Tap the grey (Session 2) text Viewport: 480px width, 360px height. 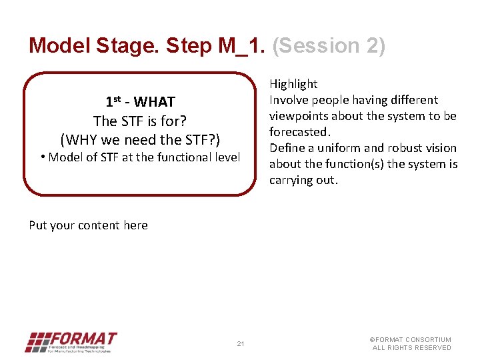329,45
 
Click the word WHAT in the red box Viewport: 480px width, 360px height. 154,102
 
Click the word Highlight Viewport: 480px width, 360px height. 293,84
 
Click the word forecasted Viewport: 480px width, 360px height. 299,132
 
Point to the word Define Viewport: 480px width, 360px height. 287,148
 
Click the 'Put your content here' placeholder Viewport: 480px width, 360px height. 88,225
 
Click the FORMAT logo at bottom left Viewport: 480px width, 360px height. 71,342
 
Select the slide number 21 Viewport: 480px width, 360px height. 241,344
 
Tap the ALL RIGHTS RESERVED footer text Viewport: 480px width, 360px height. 411,348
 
